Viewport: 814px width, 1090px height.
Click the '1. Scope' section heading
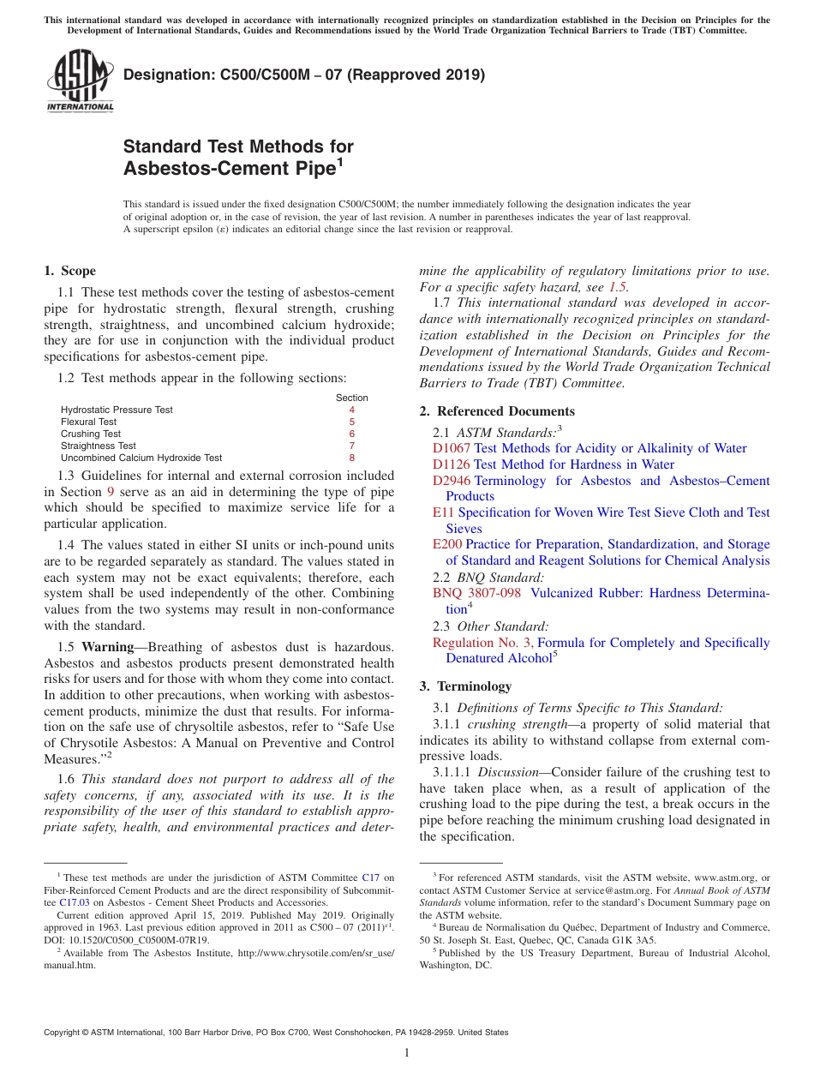pos(69,271)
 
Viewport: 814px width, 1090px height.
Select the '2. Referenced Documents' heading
pos(497,411)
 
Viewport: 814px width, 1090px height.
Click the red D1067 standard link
pos(451,448)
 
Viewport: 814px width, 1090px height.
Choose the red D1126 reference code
pos(451,464)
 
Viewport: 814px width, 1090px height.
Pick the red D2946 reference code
pos(451,481)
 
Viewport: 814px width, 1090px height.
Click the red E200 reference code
pos(446,544)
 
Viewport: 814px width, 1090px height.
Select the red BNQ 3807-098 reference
pos(476,593)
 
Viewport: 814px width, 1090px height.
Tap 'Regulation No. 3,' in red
pos(482,643)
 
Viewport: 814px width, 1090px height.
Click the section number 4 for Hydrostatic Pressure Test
pos(351,410)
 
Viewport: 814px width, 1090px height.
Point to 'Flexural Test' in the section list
pos(88,422)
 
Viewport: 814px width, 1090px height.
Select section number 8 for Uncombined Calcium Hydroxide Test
pos(351,458)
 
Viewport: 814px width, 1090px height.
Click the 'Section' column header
pos(351,398)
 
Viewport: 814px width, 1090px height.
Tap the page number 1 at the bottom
pos(407,1052)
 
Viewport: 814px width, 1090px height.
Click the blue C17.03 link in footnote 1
pos(75,902)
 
